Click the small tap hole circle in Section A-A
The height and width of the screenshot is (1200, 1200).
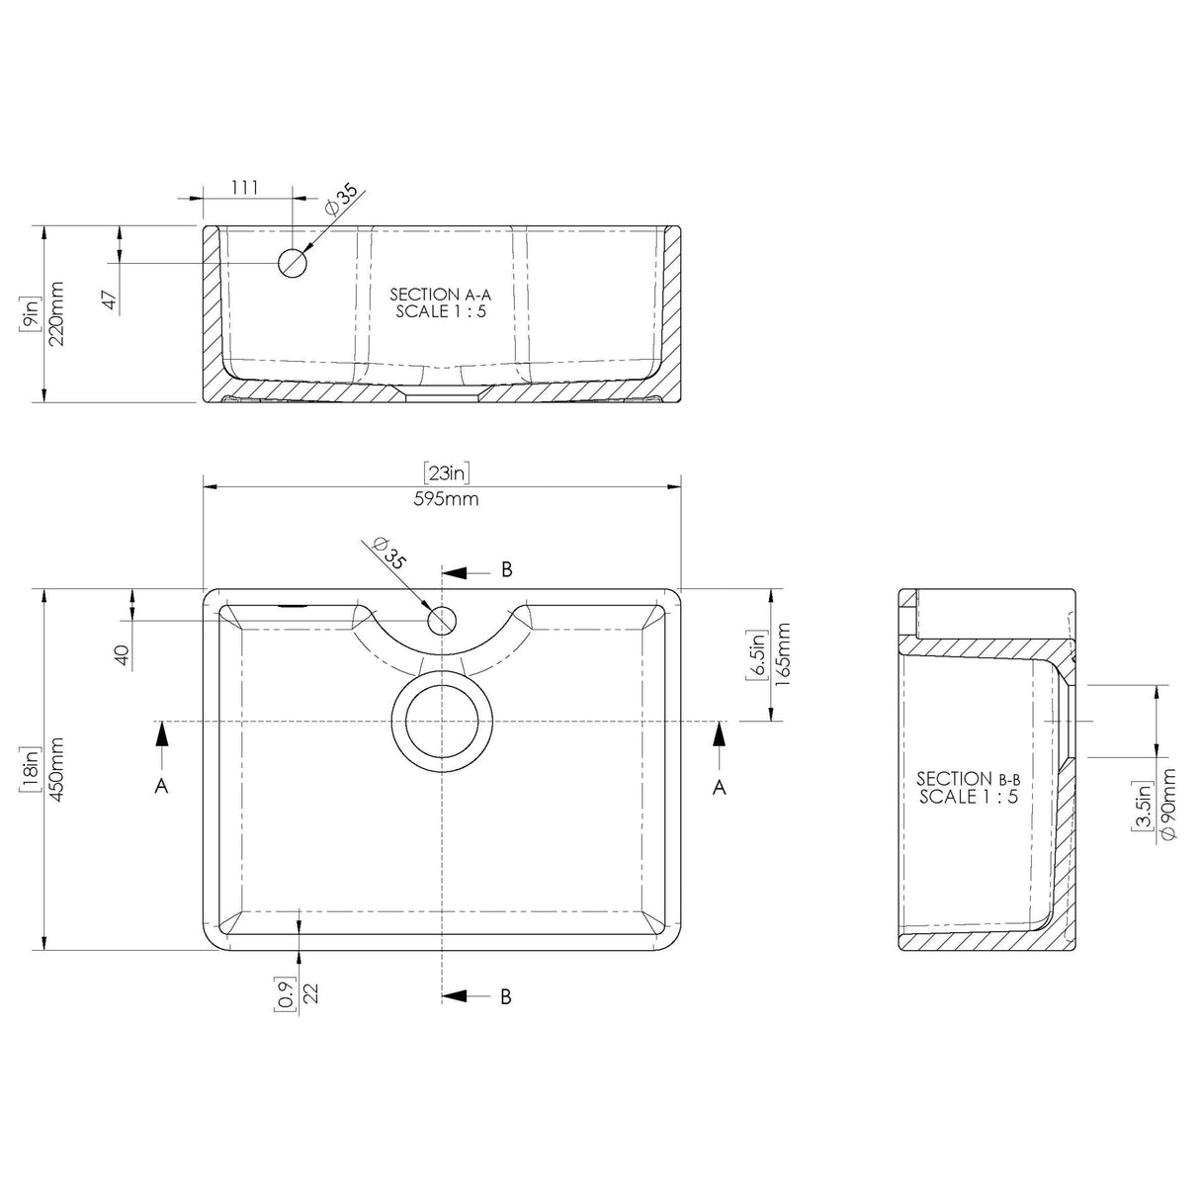(293, 263)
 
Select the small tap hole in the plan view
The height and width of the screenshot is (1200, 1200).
(442, 621)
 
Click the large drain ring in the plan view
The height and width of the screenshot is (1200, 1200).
(442, 721)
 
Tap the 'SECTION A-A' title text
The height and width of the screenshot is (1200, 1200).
(440, 294)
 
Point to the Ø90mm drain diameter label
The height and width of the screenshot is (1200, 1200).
(1170, 806)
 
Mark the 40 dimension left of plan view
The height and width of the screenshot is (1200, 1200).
(122, 655)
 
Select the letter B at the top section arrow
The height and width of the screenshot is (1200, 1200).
(506, 569)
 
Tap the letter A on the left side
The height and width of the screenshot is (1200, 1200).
(162, 786)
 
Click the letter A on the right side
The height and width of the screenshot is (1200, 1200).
(720, 786)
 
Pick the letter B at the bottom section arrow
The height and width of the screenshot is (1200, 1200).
(506, 996)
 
